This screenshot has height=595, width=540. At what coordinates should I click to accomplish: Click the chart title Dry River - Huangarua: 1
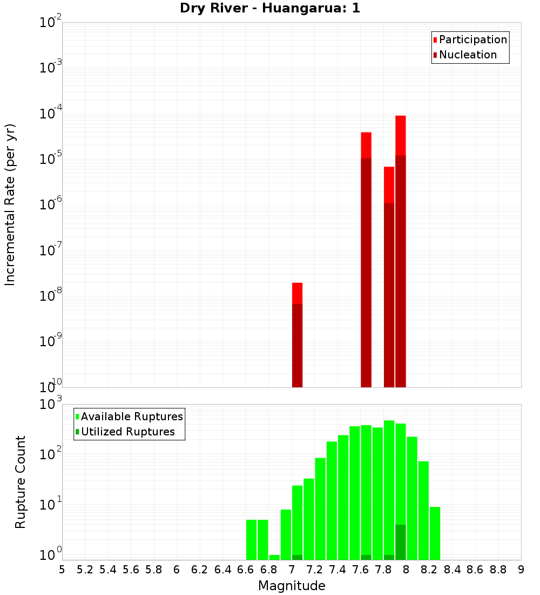[270, 8]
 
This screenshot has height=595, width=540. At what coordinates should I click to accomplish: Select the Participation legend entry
[473, 39]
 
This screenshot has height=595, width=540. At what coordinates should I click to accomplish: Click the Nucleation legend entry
[468, 55]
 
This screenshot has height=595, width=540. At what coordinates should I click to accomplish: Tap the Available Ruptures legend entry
[132, 416]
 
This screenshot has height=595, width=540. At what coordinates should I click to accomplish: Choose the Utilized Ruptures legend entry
[127, 432]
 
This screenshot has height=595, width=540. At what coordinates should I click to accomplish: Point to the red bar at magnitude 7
[297, 335]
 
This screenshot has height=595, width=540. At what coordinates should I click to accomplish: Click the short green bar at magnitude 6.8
[274, 557]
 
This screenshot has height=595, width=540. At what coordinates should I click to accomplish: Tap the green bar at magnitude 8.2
[435, 533]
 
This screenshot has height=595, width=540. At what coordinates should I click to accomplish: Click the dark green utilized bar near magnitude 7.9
[400, 542]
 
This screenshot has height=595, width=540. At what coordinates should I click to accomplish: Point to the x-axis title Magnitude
[292, 586]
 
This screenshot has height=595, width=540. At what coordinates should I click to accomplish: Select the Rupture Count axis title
[21, 481]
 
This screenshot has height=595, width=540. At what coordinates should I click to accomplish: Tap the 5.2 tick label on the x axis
[85, 570]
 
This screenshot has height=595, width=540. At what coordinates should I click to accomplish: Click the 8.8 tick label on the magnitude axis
[498, 570]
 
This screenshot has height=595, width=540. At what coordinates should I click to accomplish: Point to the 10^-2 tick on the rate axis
[51, 23]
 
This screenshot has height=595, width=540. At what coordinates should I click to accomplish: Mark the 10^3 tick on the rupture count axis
[51, 404]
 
